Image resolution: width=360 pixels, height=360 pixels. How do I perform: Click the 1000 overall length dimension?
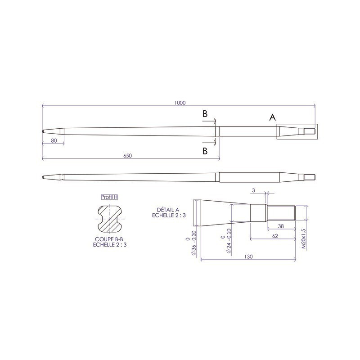(x=179, y=103)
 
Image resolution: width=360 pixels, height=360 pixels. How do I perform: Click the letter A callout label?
(x=272, y=117)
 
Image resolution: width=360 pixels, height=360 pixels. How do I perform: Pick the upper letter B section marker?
(x=205, y=115)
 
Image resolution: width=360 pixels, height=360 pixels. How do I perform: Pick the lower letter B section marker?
(x=205, y=151)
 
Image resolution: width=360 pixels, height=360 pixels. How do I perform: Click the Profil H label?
(x=109, y=197)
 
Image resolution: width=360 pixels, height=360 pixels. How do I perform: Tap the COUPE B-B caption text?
(x=109, y=239)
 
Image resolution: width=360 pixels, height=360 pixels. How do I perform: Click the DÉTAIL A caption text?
(x=168, y=210)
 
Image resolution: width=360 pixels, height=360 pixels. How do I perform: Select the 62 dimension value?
(x=275, y=235)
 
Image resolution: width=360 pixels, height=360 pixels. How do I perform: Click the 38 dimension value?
(x=280, y=226)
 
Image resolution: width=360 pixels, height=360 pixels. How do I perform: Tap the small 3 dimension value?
(x=254, y=191)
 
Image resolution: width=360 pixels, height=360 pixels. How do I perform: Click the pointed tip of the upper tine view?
(x=44, y=131)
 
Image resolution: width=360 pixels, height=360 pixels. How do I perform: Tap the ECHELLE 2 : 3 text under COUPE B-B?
(x=109, y=245)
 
